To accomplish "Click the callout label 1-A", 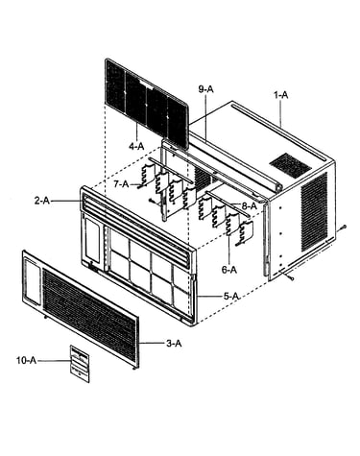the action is [x=281, y=95].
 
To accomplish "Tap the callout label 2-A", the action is [x=42, y=201].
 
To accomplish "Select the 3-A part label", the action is [x=174, y=344].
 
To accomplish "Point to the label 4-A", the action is [x=136, y=147].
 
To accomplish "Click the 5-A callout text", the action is [x=231, y=297].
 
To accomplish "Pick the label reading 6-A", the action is [x=229, y=270].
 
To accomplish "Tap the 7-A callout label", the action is [x=121, y=184].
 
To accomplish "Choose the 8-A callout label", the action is [x=250, y=206].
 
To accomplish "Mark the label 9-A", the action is [x=205, y=89].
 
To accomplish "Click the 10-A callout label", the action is [x=27, y=360].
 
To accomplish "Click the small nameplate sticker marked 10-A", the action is [x=80, y=364].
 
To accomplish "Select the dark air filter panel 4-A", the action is [x=147, y=103].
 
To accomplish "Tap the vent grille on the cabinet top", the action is [x=290, y=164].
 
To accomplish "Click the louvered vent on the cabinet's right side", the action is [x=314, y=211].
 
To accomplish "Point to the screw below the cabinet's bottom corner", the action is [x=290, y=277].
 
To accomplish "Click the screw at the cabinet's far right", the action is [x=343, y=227].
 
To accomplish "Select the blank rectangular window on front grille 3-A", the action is [x=33, y=281].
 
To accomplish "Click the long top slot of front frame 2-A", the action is [x=137, y=224].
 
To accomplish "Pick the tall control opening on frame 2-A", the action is [x=92, y=239].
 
